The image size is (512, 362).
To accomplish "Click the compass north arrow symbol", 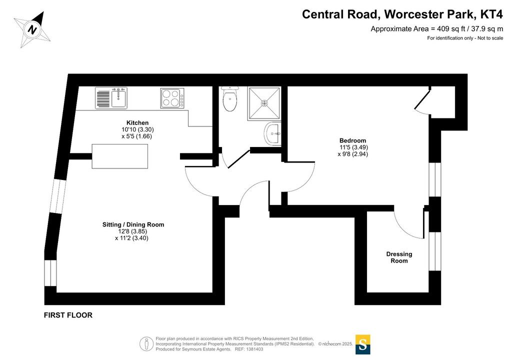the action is pos(32,29).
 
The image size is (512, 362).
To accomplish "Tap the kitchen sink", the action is pos(111,98).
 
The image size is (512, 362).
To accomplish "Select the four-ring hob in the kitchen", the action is pos(172,98).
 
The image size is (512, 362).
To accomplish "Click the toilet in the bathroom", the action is pos(230,99).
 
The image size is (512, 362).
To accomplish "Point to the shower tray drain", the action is pos(264,103).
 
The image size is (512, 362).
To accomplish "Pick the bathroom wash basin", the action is pos(272,134).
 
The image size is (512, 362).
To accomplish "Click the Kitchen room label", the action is pos(137,122).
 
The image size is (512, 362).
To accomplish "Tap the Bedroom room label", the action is pos(352,140).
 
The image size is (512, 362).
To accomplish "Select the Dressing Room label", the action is pos(399,257).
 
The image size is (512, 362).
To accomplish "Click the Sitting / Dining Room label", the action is pos(133,224).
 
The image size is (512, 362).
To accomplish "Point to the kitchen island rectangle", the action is pos(120,156).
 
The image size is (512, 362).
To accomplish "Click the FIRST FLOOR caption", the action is pos(68,315).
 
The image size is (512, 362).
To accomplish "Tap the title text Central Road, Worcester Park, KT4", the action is pos(402,14).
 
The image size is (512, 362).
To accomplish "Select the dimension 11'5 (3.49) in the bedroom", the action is pos(353,147).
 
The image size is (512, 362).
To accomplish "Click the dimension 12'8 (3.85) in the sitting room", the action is pos(132,231).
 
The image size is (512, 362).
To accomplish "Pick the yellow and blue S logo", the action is pos(363,344).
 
